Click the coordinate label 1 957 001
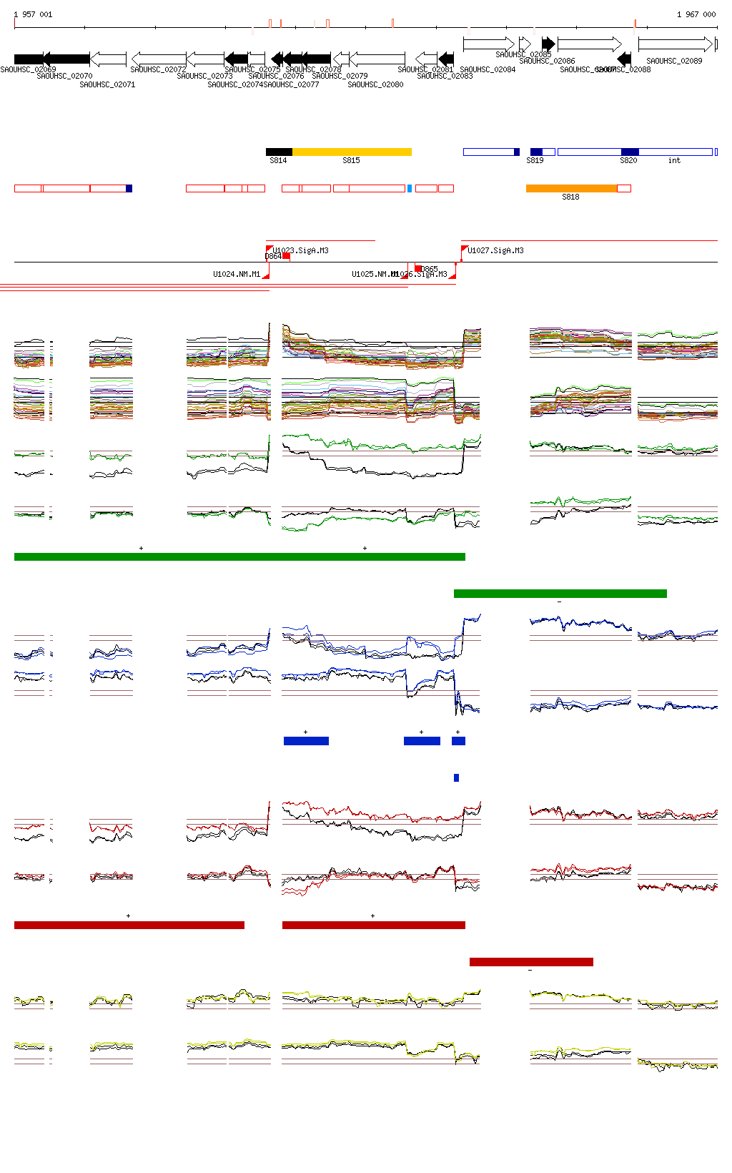click(x=33, y=14)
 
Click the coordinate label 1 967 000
click(x=696, y=14)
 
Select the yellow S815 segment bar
click(x=352, y=152)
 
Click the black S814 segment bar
click(x=279, y=152)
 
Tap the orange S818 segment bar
click(x=571, y=188)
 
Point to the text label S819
click(x=535, y=160)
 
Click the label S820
click(x=628, y=160)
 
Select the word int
click(x=674, y=160)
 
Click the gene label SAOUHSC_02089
click(x=674, y=61)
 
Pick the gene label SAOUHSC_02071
click(x=107, y=84)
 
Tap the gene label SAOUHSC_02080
click(x=375, y=84)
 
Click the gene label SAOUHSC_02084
click(x=488, y=69)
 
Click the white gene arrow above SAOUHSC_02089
click(x=676, y=44)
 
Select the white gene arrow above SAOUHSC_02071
click(x=109, y=58)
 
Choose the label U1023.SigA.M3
click(x=300, y=250)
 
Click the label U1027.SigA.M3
click(x=495, y=250)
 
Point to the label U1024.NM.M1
click(x=237, y=274)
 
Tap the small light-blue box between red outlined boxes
click(x=410, y=188)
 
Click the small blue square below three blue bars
click(x=456, y=777)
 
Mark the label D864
click(x=273, y=256)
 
